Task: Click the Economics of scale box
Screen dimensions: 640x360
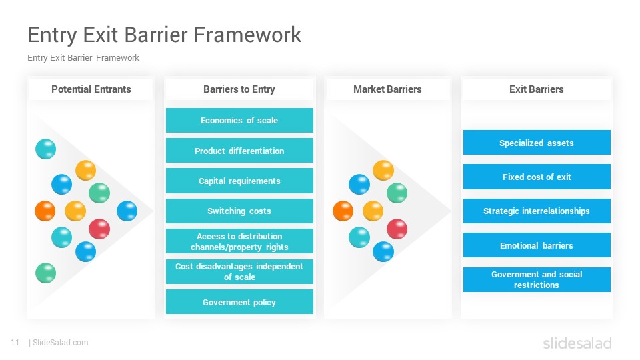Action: point(239,121)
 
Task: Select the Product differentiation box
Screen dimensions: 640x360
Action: point(239,151)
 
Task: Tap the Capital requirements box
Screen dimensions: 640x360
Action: point(239,181)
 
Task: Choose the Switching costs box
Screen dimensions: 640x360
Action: point(239,211)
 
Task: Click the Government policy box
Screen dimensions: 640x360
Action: point(239,302)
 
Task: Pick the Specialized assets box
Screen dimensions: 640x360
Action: point(537,143)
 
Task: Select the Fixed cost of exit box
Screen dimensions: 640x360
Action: point(537,177)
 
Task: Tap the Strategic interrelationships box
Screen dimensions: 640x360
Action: point(537,211)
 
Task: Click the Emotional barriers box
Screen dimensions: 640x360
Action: point(537,245)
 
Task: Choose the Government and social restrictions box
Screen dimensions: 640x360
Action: point(537,279)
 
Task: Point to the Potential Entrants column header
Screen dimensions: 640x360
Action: point(91,89)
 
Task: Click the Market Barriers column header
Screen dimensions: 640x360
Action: point(388,89)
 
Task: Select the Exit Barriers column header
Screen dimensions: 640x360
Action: point(536,89)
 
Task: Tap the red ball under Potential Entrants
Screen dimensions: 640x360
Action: point(99,229)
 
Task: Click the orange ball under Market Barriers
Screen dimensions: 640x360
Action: point(343,211)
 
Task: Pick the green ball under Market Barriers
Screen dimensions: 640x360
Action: point(397,193)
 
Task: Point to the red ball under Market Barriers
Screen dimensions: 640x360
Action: point(397,229)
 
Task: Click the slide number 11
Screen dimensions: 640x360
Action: point(15,343)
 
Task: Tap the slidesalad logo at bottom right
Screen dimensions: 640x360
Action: point(577,343)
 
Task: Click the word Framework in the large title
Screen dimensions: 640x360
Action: point(247,34)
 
